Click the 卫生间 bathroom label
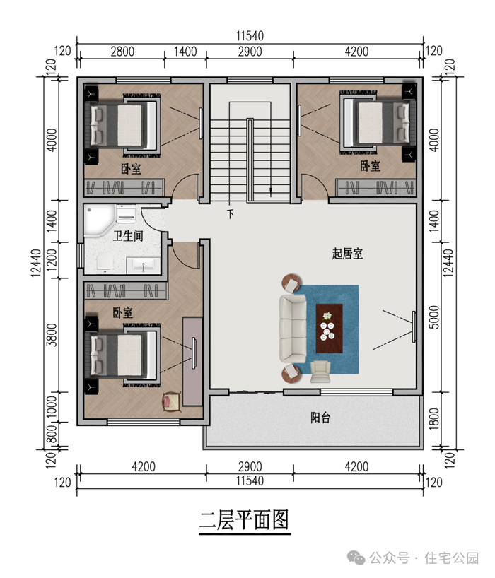[128, 235]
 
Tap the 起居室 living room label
[347, 254]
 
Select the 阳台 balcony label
[320, 418]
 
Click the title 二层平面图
[244, 520]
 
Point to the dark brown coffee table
[329, 329]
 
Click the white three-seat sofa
[293, 329]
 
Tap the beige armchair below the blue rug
[320, 372]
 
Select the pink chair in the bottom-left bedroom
[172, 402]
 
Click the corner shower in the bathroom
[99, 220]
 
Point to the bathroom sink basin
[143, 265]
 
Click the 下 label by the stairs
[231, 214]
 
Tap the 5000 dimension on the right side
[434, 317]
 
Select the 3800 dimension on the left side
[52, 335]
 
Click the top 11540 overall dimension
[250, 36]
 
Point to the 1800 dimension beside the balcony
[434, 419]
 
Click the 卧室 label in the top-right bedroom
[371, 166]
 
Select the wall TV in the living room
[414, 326]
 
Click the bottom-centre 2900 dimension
[250, 466]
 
